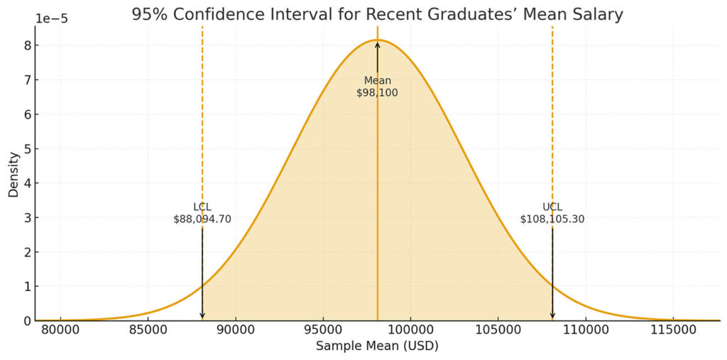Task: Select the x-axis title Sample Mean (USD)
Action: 377,346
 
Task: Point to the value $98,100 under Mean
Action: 377,93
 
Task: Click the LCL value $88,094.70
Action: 202,219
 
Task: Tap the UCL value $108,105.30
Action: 552,219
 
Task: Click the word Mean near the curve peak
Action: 377,81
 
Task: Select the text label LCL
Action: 202,207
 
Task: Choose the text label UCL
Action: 552,207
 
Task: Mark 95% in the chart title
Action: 147,13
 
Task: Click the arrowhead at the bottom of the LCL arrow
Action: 202,315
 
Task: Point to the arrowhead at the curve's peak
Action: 377,45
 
